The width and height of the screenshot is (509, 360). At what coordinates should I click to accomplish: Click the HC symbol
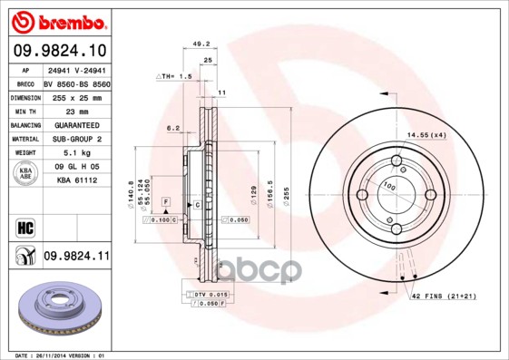pyautogui.click(x=24, y=227)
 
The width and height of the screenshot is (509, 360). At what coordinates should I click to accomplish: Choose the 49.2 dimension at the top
pyautogui.click(x=202, y=42)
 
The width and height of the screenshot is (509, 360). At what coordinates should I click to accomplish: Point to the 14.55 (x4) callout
pyautogui.click(x=426, y=135)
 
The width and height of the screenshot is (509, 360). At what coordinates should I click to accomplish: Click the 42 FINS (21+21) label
pyautogui.click(x=444, y=297)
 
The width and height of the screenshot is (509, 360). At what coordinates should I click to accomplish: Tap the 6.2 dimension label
pyautogui.click(x=173, y=128)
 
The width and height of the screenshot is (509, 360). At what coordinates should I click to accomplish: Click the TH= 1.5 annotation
pyautogui.click(x=175, y=78)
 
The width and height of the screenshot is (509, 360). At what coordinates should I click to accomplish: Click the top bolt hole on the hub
pyautogui.click(x=397, y=162)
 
